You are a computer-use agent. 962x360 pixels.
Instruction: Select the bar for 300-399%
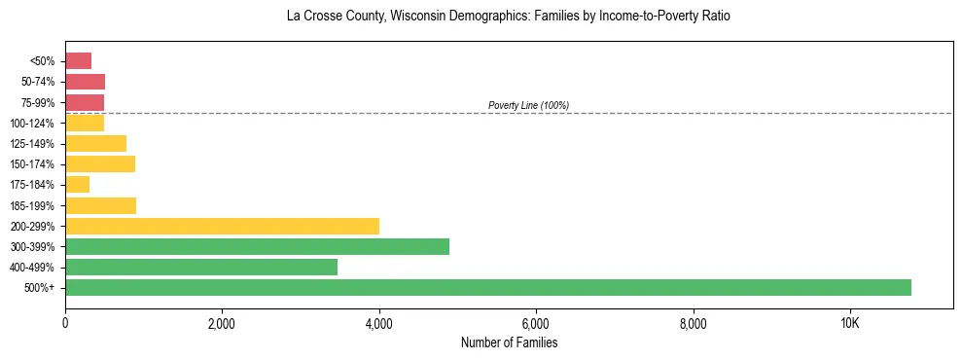click(x=257, y=246)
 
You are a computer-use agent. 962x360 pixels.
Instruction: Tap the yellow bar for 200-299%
click(x=222, y=226)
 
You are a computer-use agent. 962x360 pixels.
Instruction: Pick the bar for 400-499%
click(x=201, y=267)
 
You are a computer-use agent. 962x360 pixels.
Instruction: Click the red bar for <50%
click(x=78, y=61)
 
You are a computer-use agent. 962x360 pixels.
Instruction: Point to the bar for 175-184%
click(x=77, y=184)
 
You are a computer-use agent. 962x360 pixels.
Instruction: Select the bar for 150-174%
click(x=100, y=163)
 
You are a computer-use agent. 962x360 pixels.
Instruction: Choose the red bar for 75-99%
click(x=85, y=102)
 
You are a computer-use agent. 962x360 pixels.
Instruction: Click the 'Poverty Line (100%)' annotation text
click(x=528, y=105)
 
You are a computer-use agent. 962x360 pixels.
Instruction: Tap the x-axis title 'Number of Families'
click(x=509, y=342)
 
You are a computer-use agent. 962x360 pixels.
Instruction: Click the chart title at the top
click(x=509, y=17)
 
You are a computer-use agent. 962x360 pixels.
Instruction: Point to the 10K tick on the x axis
click(x=849, y=323)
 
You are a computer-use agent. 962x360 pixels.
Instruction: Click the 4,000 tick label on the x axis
click(x=378, y=323)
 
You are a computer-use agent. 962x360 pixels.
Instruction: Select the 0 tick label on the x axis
click(x=65, y=323)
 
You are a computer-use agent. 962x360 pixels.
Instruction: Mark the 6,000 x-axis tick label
click(x=536, y=323)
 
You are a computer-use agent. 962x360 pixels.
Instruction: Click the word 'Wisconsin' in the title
click(x=412, y=17)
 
